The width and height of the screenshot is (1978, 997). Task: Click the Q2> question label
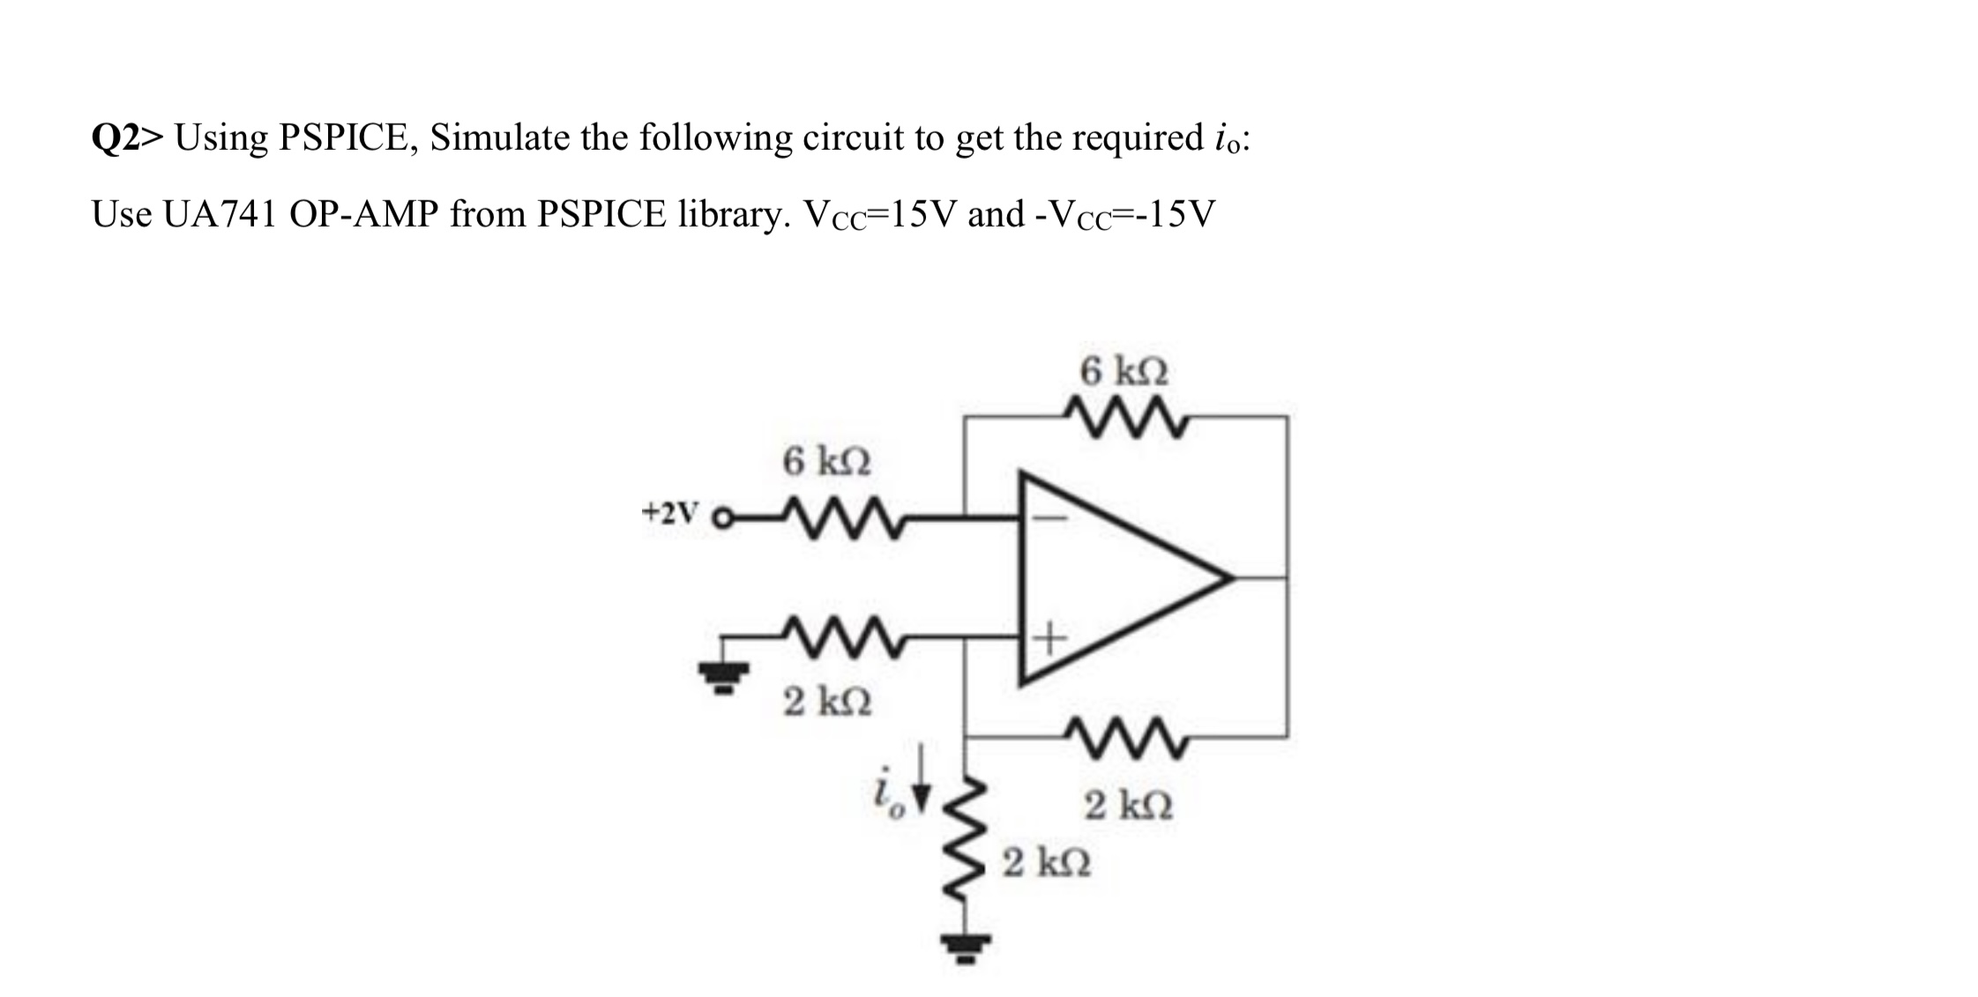(x=127, y=138)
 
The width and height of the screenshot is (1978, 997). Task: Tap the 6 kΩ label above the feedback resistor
(x=1124, y=371)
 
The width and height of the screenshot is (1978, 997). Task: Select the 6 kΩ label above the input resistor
(x=826, y=461)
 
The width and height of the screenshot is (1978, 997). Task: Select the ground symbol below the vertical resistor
(x=964, y=948)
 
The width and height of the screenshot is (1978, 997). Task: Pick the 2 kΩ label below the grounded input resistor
(x=827, y=703)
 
